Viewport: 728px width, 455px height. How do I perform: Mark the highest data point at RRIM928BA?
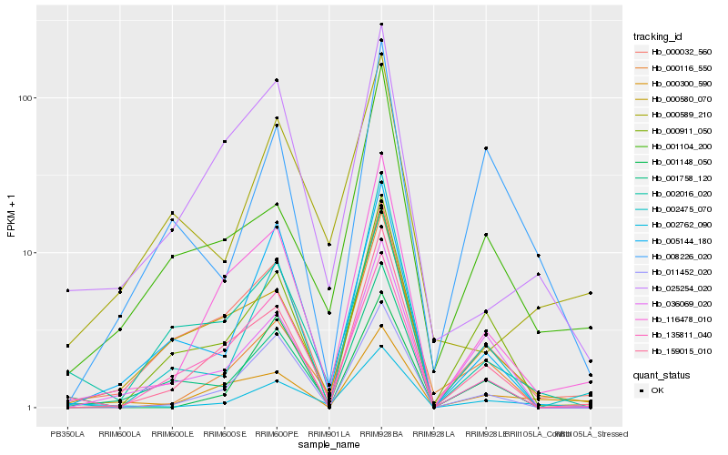pos(381,25)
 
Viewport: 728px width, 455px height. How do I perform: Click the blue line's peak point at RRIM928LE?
pos(486,148)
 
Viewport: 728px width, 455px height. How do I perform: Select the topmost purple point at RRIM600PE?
pos(277,80)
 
